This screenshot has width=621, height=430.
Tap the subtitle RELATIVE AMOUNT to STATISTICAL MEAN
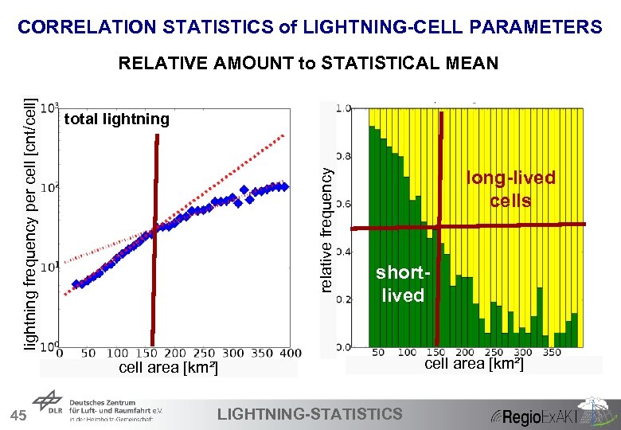tap(308, 63)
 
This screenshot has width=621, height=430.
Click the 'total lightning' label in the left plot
tap(116, 119)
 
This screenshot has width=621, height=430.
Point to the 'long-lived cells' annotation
tap(510, 189)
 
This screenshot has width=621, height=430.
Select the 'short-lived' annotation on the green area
tap(403, 284)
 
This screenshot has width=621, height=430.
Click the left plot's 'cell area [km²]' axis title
tap(168, 368)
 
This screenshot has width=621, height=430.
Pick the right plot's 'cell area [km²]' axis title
tap(474, 364)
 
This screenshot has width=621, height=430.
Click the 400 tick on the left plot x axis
tap(291, 353)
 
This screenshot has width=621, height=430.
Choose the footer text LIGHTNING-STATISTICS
tap(310, 413)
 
